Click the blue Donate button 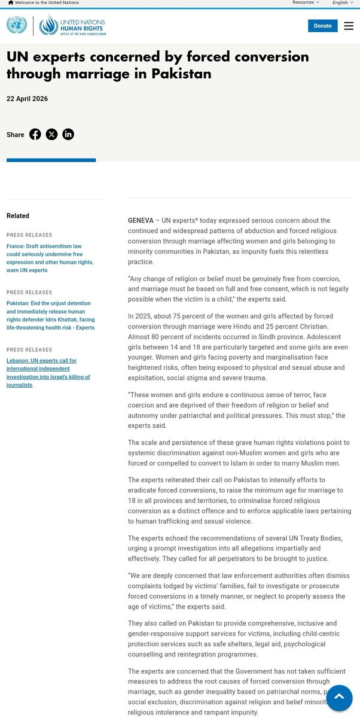click(x=322, y=26)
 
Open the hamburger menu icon click(x=349, y=26)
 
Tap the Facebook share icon click(x=35, y=134)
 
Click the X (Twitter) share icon click(x=52, y=134)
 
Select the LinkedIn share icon click(x=68, y=134)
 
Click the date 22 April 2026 click(x=27, y=99)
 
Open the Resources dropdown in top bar click(x=306, y=3)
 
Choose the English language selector click(x=343, y=3)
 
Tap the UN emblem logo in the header click(x=17, y=25)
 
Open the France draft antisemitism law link click(x=50, y=258)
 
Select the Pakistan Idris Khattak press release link click(x=50, y=315)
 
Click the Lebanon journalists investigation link click(x=48, y=373)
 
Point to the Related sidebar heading click(x=18, y=216)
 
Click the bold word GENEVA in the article click(x=141, y=221)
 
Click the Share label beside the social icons click(x=16, y=135)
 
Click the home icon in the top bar click(x=10, y=3)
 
